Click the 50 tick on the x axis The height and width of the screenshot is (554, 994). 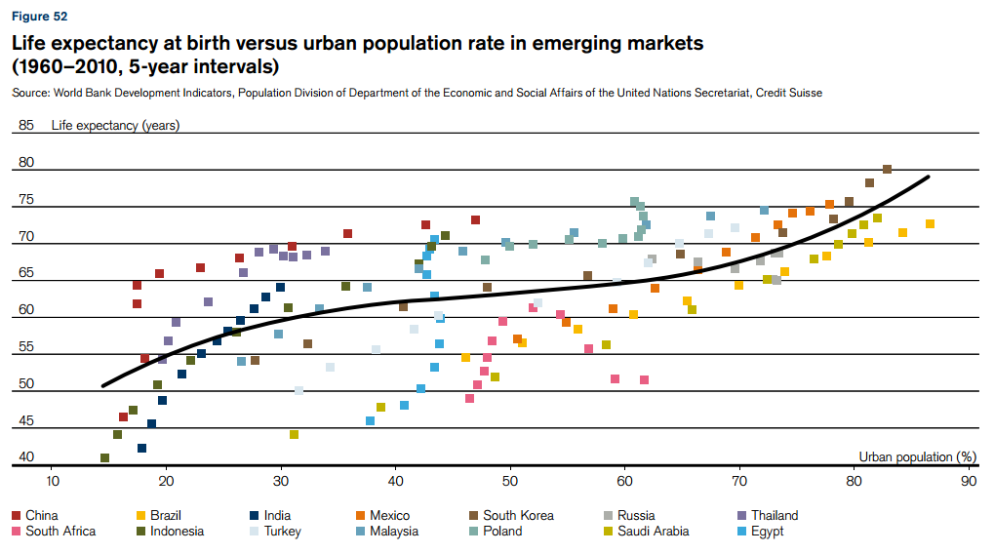click(x=509, y=481)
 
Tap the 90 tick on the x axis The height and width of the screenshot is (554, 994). click(x=968, y=481)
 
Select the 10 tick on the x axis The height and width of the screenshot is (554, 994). click(x=52, y=481)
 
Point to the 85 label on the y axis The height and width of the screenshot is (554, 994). click(x=26, y=125)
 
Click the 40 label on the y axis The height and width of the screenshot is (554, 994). click(x=26, y=456)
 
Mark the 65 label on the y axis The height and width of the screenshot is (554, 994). click(x=26, y=273)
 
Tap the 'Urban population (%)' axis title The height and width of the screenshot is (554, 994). click(x=917, y=456)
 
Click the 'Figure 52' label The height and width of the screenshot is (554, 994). click(x=39, y=17)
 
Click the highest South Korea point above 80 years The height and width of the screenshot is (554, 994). click(x=887, y=169)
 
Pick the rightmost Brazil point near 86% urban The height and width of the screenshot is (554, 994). click(x=930, y=224)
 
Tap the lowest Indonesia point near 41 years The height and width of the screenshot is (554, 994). click(x=104, y=457)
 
